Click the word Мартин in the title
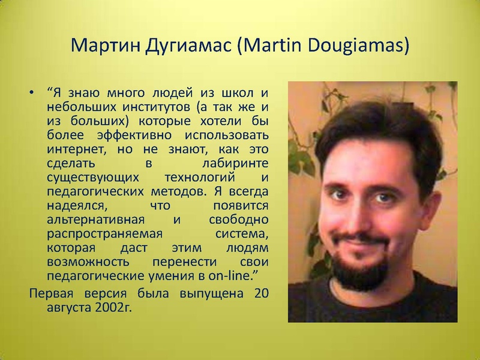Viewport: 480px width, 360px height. tap(106, 46)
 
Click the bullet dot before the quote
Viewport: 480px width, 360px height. tap(31, 92)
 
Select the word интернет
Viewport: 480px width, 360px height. tap(78, 149)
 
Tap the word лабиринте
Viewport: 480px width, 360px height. tap(235, 163)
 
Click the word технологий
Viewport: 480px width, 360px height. tap(200, 177)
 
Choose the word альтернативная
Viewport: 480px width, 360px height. tap(95, 220)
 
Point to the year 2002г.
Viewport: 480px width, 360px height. tap(113, 308)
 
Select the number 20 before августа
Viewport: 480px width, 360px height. tap(261, 293)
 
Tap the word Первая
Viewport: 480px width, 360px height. tap(52, 293)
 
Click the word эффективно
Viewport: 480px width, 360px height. tap(134, 136)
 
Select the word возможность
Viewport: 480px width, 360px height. tap(88, 262)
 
